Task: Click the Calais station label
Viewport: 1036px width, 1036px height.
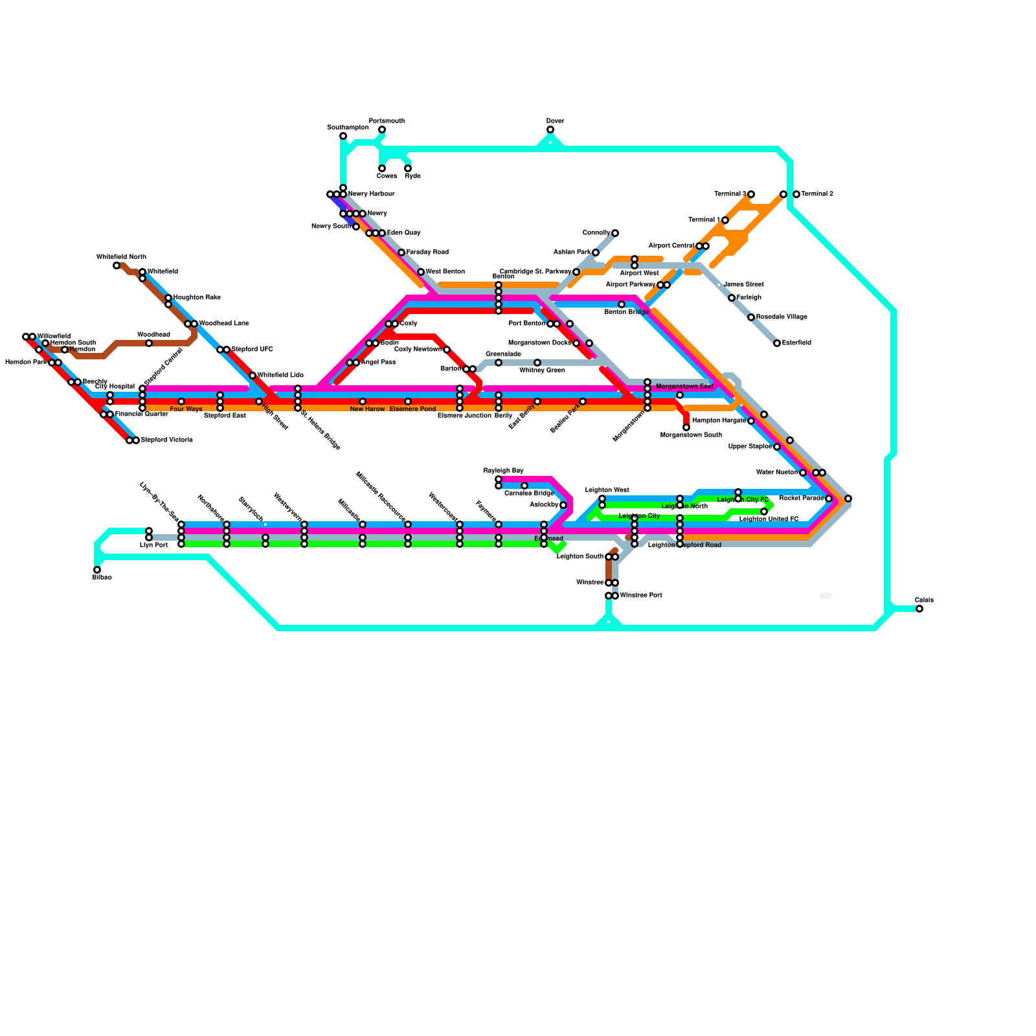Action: (924, 600)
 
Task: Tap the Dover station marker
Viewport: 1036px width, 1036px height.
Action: (550, 130)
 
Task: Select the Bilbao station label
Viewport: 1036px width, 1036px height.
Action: (102, 578)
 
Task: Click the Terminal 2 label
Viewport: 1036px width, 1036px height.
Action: (817, 194)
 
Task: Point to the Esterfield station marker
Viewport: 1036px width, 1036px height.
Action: (777, 343)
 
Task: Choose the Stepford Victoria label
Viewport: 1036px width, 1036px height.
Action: (166, 440)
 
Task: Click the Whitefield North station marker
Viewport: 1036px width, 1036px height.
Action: (117, 265)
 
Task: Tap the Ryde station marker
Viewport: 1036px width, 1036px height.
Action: (408, 169)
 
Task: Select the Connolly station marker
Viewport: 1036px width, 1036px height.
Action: (615, 233)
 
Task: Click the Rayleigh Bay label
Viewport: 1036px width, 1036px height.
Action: (503, 471)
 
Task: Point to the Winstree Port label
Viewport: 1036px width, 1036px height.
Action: (641, 596)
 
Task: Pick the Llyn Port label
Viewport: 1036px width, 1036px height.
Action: (153, 545)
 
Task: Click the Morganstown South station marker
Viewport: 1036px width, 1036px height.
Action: (686, 427)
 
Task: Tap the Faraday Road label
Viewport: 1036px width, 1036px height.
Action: (427, 253)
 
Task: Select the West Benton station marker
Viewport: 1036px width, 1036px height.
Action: (421, 272)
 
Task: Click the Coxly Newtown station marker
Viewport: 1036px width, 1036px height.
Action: (447, 350)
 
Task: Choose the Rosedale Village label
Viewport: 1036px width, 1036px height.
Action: (782, 317)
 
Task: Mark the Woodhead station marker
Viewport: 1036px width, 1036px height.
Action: (149, 343)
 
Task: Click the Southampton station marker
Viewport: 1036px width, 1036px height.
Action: (343, 136)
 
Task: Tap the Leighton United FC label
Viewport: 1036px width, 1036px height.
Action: (769, 519)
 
